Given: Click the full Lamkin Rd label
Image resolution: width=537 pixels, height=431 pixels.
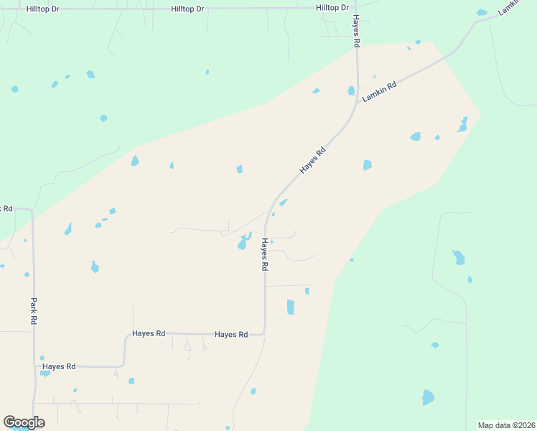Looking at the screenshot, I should [380, 91].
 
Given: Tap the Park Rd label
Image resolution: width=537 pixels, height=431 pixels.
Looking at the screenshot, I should [33, 312].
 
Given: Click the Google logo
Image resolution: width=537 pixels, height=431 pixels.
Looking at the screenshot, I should [24, 422].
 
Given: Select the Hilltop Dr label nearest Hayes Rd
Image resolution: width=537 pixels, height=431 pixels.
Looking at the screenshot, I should [332, 7].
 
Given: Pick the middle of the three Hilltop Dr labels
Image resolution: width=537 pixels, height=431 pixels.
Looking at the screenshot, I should [187, 9].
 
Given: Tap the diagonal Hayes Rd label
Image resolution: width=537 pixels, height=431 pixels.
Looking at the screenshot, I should [313, 159].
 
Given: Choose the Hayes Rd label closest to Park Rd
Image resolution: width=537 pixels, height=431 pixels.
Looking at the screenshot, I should [59, 366].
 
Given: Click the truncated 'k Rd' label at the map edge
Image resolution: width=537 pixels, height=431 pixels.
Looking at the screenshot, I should [6, 208].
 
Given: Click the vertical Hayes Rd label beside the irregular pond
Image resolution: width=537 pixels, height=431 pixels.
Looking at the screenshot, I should [264, 254].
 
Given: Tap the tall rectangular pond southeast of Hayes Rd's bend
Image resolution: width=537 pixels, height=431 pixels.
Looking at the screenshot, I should [291, 307].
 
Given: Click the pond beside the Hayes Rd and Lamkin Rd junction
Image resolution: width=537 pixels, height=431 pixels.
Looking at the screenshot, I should [351, 91].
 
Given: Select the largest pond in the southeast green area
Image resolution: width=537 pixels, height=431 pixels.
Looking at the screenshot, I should [428, 397].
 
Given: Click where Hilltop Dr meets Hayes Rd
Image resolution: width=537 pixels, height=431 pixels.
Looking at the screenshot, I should [355, 8].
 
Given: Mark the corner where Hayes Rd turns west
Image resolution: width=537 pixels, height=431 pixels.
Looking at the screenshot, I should [264, 333].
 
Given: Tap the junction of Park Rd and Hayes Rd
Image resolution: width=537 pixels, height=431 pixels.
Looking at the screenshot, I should [34, 366].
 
